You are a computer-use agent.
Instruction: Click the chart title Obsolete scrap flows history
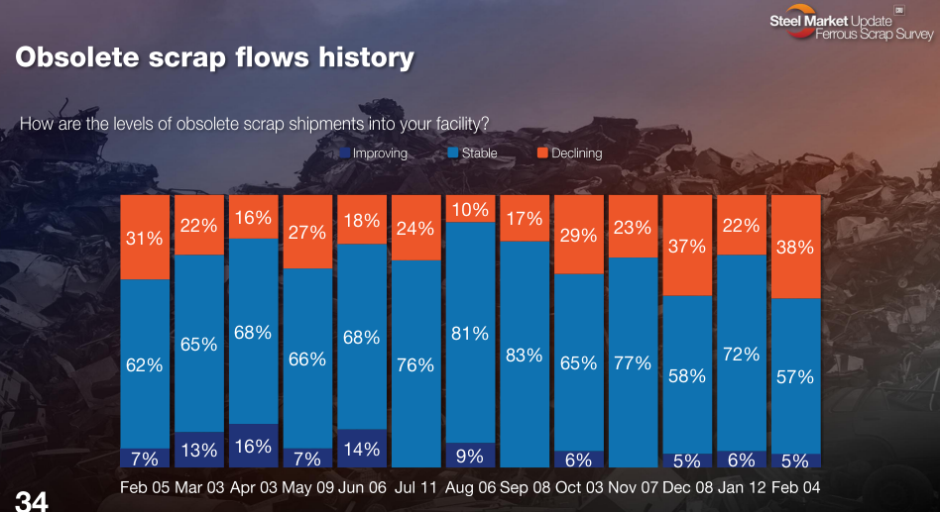[214, 57]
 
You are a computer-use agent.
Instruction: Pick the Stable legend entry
[473, 154]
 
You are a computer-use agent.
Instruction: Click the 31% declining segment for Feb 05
[145, 238]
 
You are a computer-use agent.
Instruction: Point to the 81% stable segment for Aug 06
[470, 333]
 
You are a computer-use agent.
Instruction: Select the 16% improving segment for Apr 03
[253, 446]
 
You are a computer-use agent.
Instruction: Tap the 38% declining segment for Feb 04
[795, 247]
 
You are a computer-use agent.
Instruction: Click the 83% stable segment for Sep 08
[525, 354]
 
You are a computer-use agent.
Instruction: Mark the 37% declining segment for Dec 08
[686, 246]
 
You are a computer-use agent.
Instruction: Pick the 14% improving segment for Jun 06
[362, 448]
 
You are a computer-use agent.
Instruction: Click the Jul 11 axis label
[415, 488]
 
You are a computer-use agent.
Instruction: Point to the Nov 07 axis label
[632, 488]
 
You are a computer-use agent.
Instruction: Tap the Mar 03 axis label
[199, 488]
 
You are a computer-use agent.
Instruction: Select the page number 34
[31, 501]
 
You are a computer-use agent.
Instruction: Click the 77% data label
[632, 363]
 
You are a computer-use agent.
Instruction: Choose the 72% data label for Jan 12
[741, 354]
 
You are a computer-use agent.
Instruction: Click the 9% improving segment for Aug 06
[470, 456]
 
